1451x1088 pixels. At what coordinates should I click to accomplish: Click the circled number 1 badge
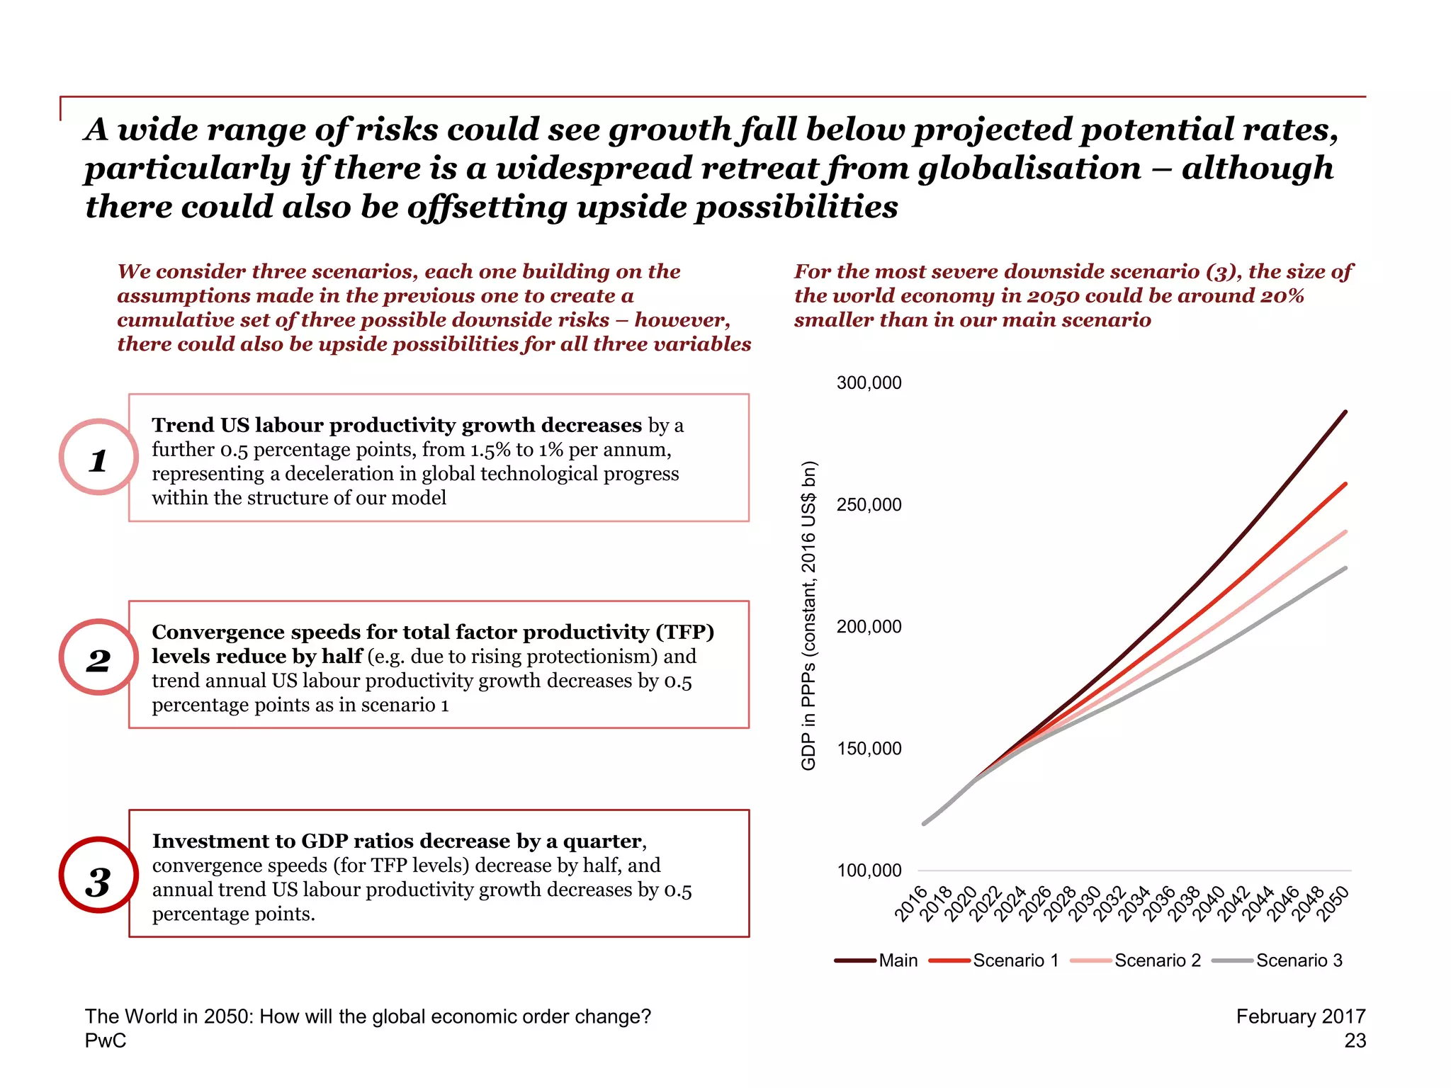[98, 458]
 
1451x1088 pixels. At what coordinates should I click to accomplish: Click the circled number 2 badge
[98, 657]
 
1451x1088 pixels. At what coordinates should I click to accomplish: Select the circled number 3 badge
[98, 875]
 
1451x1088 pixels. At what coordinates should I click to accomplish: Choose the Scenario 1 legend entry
[995, 960]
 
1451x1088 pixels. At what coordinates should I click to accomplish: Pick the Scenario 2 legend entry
[1136, 960]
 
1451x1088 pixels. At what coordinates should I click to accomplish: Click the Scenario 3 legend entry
[1278, 960]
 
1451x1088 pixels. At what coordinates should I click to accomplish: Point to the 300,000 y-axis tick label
[869, 383]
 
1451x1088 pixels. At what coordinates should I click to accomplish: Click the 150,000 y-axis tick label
[869, 749]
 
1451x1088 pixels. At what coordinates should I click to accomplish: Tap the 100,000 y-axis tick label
[869, 871]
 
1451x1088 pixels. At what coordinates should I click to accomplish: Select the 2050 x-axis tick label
[1333, 904]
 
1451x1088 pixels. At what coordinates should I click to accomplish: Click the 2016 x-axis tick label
[911, 904]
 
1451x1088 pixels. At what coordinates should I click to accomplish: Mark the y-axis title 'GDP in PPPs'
[808, 616]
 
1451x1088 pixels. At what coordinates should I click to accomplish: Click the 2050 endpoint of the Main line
[1345, 412]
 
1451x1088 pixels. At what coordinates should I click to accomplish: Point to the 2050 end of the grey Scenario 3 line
[1345, 568]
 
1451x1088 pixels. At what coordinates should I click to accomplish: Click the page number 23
[1355, 1041]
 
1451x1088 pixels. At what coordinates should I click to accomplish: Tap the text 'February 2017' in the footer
[1300, 1016]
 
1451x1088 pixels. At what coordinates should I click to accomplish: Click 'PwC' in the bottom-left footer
[106, 1041]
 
